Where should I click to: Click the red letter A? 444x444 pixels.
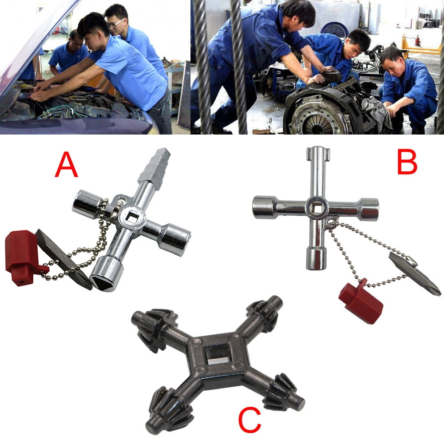(x=66, y=165)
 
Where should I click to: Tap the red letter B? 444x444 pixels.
(x=407, y=162)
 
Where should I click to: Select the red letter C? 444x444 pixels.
(x=250, y=420)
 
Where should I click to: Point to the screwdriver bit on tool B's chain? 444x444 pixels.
(x=414, y=273)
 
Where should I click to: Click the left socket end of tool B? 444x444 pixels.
(x=263, y=207)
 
